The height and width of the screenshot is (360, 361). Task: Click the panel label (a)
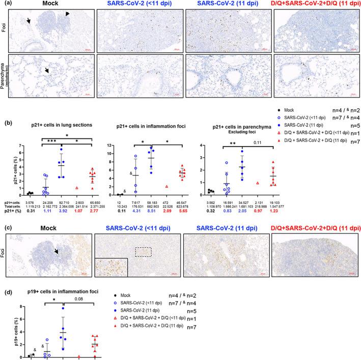click(x=5, y=4)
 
